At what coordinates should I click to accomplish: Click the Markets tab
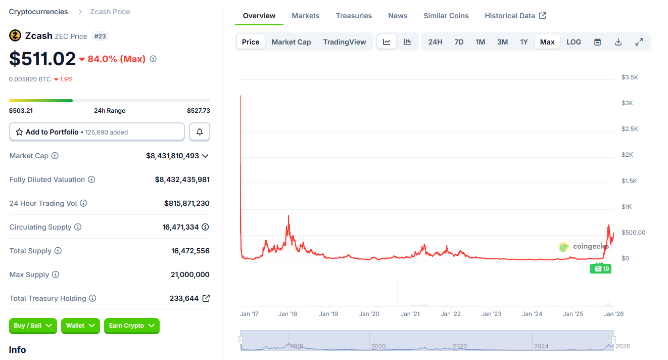[305, 16]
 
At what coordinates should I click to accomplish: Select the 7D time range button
[459, 42]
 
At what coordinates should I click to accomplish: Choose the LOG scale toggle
[574, 42]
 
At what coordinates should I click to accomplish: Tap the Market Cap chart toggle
[291, 42]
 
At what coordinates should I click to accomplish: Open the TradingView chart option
[345, 42]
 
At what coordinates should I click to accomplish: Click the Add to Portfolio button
[97, 132]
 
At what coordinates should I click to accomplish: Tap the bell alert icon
[200, 132]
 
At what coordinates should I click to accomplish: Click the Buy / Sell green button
[33, 326]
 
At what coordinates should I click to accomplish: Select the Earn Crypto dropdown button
[131, 326]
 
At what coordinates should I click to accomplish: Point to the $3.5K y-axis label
[630, 77]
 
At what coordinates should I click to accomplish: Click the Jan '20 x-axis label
[369, 314]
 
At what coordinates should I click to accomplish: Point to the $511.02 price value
[42, 59]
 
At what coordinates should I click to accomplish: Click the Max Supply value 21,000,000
[190, 275]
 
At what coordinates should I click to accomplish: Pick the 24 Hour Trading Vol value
[186, 203]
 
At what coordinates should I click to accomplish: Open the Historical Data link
[515, 16]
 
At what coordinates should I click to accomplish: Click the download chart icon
[618, 42]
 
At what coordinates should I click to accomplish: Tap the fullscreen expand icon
[639, 42]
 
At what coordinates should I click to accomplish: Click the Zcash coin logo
[15, 35]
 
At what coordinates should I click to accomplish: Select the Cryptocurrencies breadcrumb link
[38, 12]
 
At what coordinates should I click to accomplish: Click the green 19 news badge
[600, 269]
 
